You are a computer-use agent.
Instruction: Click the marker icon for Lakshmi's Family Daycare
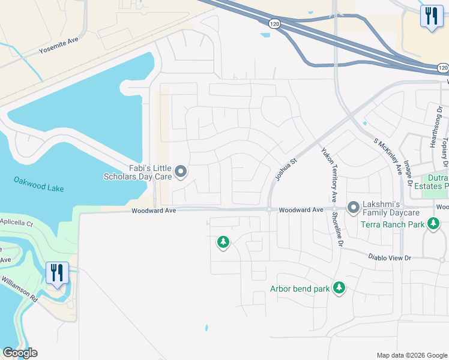pos(353,208)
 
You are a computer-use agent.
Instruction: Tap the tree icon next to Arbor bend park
pos(339,289)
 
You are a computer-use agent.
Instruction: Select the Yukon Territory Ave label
pos(328,175)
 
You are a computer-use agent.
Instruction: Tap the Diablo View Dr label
pos(390,258)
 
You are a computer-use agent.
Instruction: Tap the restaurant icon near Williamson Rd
pos(58,273)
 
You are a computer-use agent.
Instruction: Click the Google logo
pos(20,353)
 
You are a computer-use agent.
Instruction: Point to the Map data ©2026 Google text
pos(411,355)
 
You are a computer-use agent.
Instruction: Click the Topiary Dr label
pos(445,152)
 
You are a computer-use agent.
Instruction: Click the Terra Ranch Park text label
pos(393,225)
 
